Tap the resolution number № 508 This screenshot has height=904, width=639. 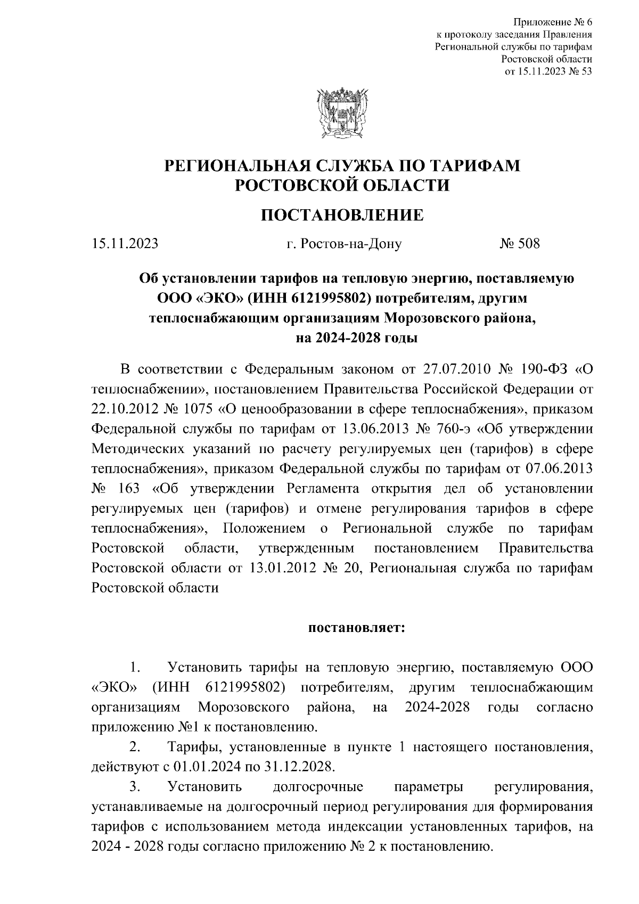[519, 244]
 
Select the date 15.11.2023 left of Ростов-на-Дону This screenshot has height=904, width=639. [125, 244]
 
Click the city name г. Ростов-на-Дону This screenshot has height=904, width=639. [343, 244]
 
